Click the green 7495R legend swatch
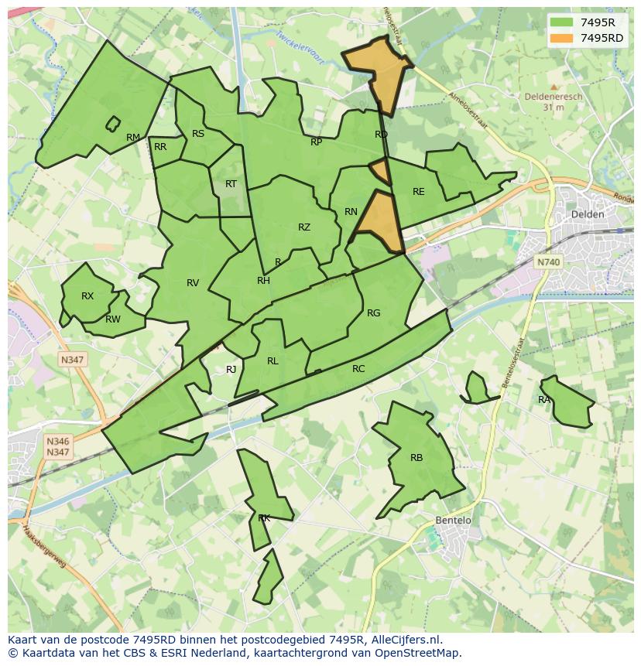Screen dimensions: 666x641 click(x=562, y=22)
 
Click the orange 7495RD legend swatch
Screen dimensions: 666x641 click(x=562, y=38)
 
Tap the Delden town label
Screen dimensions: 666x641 click(x=586, y=213)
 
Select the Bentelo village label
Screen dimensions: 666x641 click(x=453, y=521)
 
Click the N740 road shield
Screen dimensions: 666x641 click(x=548, y=262)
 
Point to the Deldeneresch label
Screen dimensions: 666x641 click(x=553, y=97)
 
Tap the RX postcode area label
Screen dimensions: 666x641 click(x=87, y=296)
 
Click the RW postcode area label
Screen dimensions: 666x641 click(x=113, y=319)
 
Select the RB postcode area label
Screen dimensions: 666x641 click(x=416, y=458)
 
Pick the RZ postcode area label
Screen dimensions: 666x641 click(x=304, y=227)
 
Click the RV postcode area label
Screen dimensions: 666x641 click(x=193, y=283)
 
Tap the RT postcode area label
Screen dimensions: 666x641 click(x=231, y=184)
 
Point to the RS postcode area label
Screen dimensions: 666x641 click(x=198, y=134)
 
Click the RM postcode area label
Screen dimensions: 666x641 click(x=133, y=138)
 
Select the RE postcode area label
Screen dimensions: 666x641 click(x=419, y=192)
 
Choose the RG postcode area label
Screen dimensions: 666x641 click(x=374, y=313)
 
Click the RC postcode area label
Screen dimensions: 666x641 click(x=358, y=369)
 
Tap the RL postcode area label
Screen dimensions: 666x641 click(x=273, y=361)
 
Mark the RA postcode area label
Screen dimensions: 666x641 click(x=544, y=400)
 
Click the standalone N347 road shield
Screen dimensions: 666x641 click(x=73, y=360)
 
